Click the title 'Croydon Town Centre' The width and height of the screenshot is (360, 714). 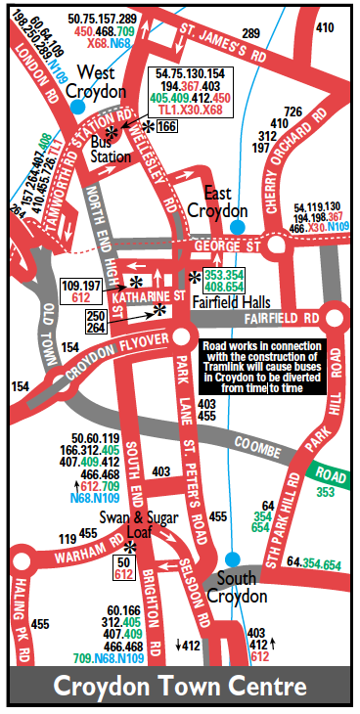point(180,683)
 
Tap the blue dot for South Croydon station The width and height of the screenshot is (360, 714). point(230,558)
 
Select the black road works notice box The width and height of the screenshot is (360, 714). point(262,367)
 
